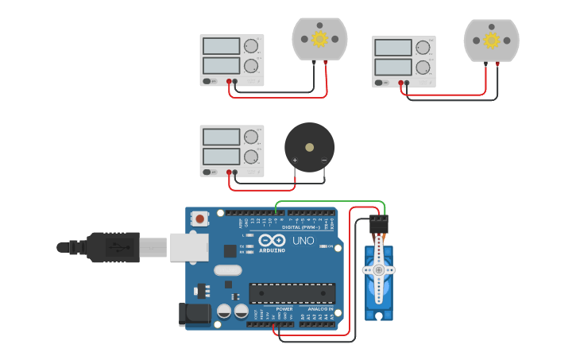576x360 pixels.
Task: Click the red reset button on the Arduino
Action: tap(199, 218)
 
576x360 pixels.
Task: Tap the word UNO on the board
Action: tap(303, 241)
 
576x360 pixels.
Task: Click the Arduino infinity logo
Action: tap(272, 241)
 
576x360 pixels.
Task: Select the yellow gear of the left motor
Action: tap(319, 39)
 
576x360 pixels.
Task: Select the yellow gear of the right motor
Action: tap(491, 40)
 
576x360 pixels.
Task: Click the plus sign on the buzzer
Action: tap(295, 161)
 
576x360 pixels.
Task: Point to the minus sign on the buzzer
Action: tap(324, 161)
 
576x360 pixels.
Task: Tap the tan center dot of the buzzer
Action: tap(309, 147)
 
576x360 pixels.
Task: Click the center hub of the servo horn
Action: tap(379, 270)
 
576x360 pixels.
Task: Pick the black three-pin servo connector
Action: tap(379, 224)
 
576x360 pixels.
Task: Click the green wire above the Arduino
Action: tap(330, 202)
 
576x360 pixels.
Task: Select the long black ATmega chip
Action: tap(292, 293)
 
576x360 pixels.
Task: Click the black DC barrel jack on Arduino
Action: tap(195, 314)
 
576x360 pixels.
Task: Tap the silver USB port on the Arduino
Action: tap(189, 247)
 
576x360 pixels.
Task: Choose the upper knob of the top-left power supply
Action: tap(251, 46)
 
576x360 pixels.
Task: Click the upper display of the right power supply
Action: tap(392, 48)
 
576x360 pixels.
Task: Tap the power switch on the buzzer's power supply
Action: tap(207, 172)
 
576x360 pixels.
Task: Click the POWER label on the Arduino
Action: tap(284, 308)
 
